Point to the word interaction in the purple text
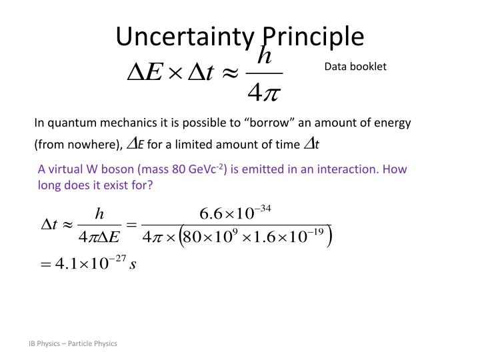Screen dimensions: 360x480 [x=347, y=169]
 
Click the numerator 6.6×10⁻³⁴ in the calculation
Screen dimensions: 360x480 [x=235, y=213]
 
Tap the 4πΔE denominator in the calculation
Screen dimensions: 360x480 [x=99, y=237]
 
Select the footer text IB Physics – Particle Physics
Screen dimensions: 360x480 [x=73, y=343]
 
